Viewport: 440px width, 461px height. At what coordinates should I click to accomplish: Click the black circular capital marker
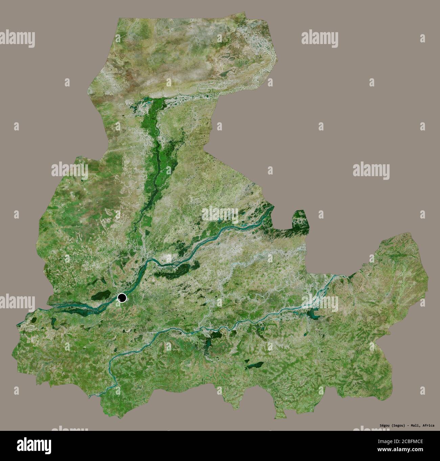coord(122,298)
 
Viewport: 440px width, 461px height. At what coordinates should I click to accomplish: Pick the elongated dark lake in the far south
coord(256,365)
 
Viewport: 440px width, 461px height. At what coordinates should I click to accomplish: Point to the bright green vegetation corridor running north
coord(157,152)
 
